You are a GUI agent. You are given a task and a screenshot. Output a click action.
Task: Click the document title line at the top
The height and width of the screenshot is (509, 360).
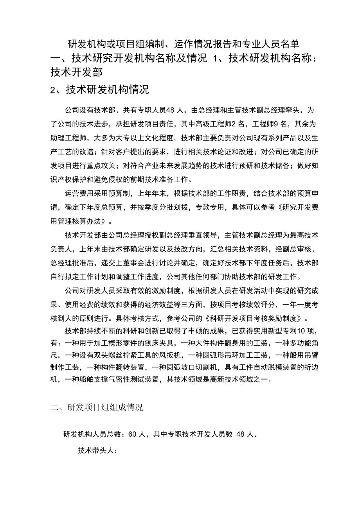(184, 43)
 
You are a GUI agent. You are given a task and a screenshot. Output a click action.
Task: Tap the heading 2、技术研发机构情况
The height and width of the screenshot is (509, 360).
(100, 90)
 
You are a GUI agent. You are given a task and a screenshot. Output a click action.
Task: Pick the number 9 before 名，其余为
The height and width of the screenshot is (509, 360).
(279, 124)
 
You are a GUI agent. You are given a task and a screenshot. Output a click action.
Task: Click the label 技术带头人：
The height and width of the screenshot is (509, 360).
(97, 450)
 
